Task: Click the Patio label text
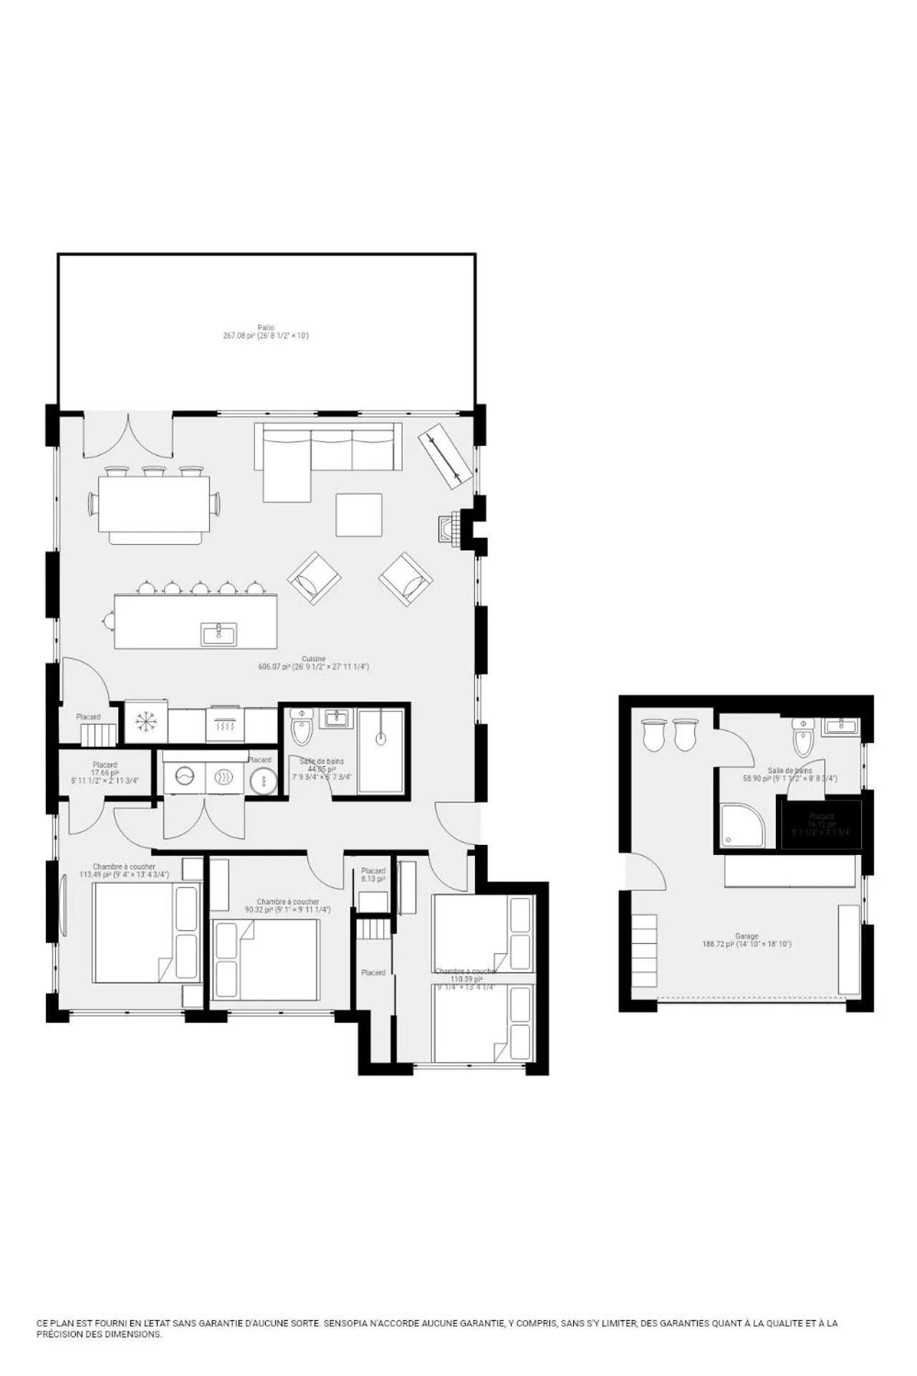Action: point(266,328)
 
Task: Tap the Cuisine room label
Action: point(314,659)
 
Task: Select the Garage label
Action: point(746,936)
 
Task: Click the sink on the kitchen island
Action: point(219,634)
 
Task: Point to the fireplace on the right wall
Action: point(448,530)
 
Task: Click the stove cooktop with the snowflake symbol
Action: point(147,722)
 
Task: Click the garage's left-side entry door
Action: point(647,871)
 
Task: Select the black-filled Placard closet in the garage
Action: point(821,825)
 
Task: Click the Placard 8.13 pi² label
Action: point(373,874)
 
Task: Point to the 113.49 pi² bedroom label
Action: point(124,870)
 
